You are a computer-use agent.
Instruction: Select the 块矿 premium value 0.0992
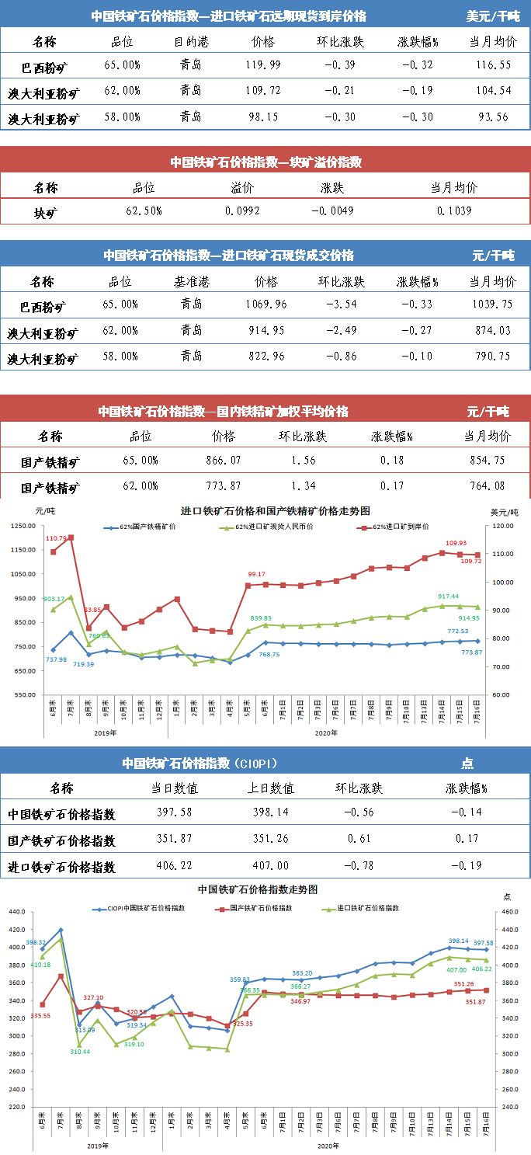tap(242, 210)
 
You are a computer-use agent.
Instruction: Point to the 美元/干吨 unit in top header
tap(492, 16)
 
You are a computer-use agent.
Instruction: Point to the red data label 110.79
tap(56, 538)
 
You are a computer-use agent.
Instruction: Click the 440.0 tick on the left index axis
tap(16, 930)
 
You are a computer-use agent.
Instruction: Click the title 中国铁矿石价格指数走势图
tap(258, 889)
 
